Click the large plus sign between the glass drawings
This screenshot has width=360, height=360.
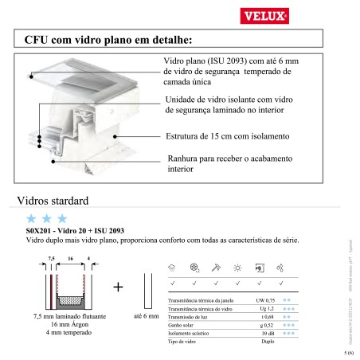tap(117, 285)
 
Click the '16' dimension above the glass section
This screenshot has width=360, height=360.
tap(70, 260)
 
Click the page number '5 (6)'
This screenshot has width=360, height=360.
tap(348, 351)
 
